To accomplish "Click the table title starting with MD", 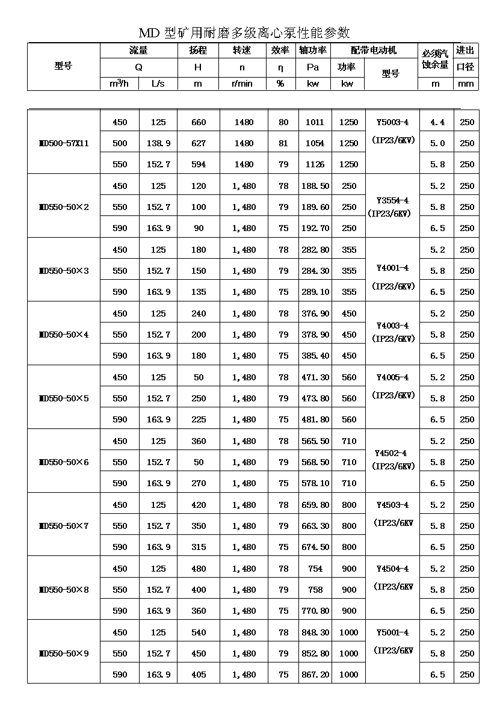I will coord(244,32).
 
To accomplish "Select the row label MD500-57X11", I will coord(63,143).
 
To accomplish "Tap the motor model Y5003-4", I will coord(392,122).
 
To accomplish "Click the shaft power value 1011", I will coord(315,122).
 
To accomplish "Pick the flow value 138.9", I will coord(158,143).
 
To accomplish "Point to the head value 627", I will coord(199,143).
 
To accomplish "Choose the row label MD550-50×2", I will coord(63,207).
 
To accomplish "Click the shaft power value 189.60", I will coord(315,207).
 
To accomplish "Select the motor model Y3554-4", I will coord(392,200).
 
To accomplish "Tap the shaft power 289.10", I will coord(315,292).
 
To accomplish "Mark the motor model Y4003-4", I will coord(392,326).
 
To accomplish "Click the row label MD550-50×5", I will coord(63,398).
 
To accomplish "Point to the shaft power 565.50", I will coord(315,441).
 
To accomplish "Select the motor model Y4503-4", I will coord(392,505).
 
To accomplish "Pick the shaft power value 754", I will coord(315,569).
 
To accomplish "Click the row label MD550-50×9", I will coord(63,653).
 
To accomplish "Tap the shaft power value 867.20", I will coord(315,675).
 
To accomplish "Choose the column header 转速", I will coord(242,51).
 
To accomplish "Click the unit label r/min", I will coord(242,84).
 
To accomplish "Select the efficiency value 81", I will coord(283,143).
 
